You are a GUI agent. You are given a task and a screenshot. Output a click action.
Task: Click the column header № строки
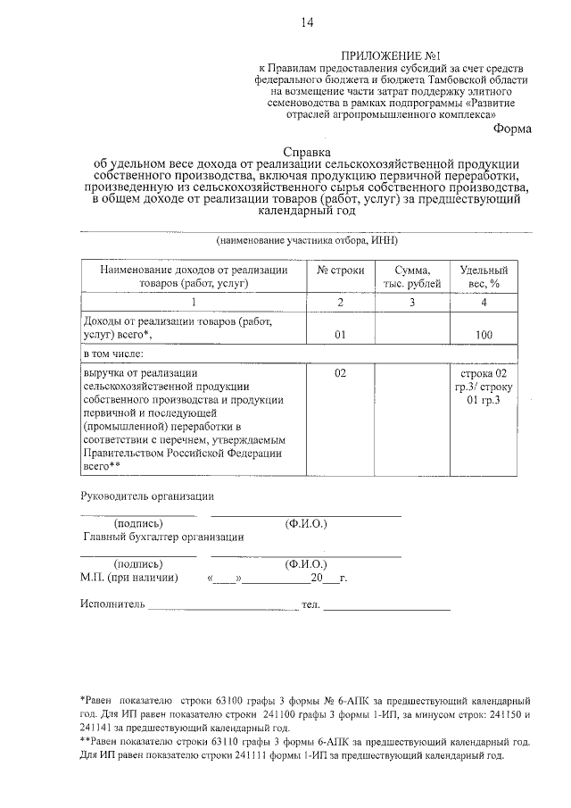point(341,271)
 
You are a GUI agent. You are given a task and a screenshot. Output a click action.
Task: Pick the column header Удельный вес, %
point(484,277)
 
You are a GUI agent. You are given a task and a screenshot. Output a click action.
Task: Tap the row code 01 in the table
point(341,336)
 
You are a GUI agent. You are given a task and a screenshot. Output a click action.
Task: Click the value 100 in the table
point(484,336)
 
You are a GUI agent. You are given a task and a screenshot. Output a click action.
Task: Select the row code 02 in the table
point(341,372)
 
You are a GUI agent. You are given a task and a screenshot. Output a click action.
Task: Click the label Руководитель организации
point(147,496)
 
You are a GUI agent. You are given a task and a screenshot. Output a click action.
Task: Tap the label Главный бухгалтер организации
point(163,537)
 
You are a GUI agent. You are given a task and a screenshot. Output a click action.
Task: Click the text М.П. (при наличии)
point(128,578)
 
